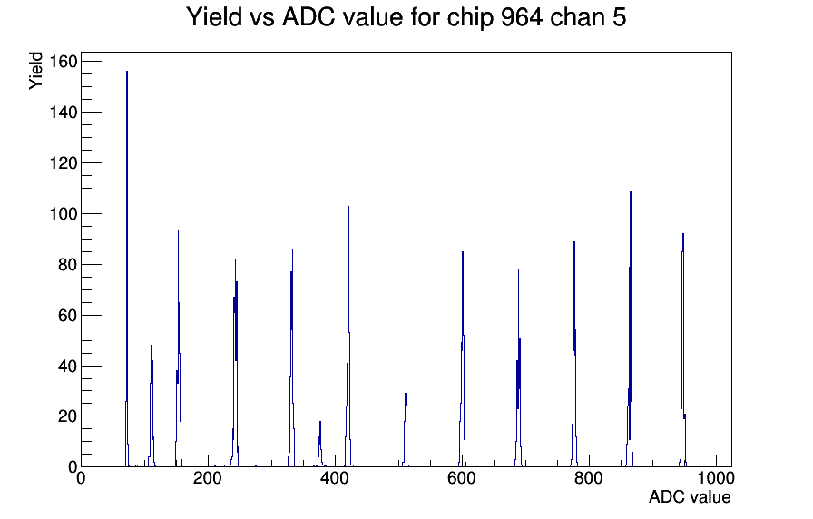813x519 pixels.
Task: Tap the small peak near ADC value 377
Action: pyautogui.click(x=320, y=446)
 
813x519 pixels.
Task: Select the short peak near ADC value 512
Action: pyautogui.click(x=406, y=431)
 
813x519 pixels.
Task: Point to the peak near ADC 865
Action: pyautogui.click(x=631, y=332)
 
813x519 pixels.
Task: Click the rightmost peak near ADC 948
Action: pyautogui.click(x=683, y=353)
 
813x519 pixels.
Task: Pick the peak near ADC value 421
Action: pyautogui.click(x=348, y=337)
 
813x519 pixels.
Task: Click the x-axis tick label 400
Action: pyautogui.click(x=334, y=478)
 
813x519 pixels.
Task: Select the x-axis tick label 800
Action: pyautogui.click(x=589, y=478)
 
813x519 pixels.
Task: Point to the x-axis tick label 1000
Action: pyautogui.click(x=716, y=478)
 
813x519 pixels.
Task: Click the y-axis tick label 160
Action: pyautogui.click(x=64, y=62)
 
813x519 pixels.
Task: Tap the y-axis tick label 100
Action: pyautogui.click(x=64, y=213)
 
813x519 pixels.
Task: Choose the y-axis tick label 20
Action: pyautogui.click(x=67, y=416)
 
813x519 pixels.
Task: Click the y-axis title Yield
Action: pyautogui.click(x=35, y=71)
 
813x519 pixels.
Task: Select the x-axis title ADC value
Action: pyautogui.click(x=690, y=496)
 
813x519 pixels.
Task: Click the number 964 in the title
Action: pyautogui.click(x=522, y=17)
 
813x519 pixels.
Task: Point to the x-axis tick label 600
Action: pyautogui.click(x=461, y=478)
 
